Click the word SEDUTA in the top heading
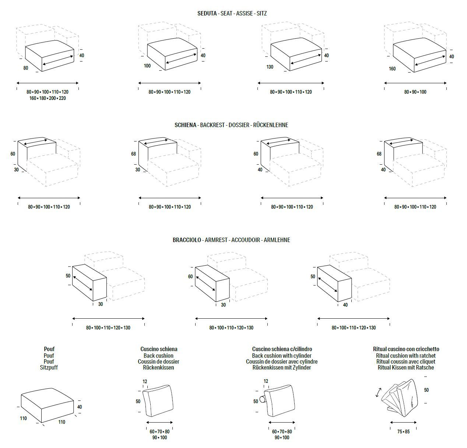[207, 13]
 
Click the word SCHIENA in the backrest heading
[185, 125]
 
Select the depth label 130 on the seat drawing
[270, 67]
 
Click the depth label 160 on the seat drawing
[392, 69]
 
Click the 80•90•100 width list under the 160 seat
[415, 92]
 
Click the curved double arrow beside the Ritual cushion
[379, 392]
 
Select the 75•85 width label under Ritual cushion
[403, 431]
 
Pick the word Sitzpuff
[49, 367]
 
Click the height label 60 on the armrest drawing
[190, 276]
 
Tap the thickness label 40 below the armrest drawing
[345, 305]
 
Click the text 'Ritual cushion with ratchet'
[406, 356]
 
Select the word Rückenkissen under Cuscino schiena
[159, 367]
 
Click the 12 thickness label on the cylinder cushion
[266, 381]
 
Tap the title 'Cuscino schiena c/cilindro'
[282, 349]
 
